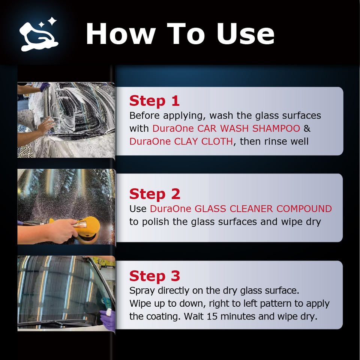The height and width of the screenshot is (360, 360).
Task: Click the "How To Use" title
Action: tap(180, 33)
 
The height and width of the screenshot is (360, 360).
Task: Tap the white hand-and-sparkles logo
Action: tap(39, 34)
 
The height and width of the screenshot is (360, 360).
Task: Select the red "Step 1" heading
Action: tap(154, 101)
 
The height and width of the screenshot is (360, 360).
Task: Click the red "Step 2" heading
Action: tap(155, 194)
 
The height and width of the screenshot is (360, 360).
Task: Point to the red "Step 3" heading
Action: tap(154, 276)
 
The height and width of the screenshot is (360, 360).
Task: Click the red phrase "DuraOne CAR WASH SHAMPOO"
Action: tap(226, 128)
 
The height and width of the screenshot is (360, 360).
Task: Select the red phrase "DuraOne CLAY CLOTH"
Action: tap(181, 141)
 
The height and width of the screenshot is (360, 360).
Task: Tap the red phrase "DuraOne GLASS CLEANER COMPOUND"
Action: tap(241, 208)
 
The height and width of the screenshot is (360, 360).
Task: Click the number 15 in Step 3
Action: tap(212, 316)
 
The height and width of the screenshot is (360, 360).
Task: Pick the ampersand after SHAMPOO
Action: tap(307, 128)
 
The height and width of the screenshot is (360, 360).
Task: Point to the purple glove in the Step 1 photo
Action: tap(45, 86)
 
